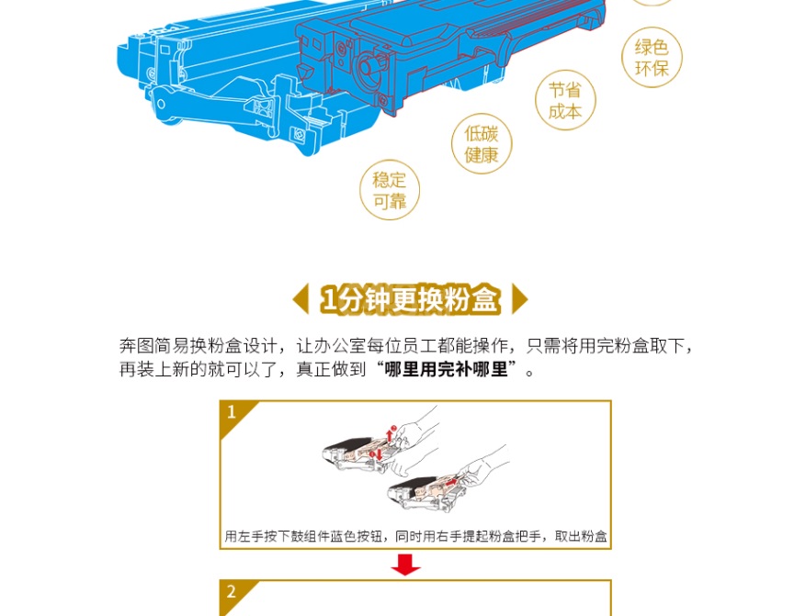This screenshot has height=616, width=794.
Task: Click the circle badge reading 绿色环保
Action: coord(652,57)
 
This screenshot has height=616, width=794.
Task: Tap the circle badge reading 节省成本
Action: coord(565,100)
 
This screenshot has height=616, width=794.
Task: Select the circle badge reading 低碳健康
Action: coord(482,143)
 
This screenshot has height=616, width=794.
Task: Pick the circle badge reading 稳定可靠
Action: coord(390,190)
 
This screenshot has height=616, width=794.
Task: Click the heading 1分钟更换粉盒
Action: coord(410,299)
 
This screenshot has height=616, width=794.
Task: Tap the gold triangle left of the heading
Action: coord(301,298)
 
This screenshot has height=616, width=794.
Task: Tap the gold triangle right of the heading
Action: coord(520,298)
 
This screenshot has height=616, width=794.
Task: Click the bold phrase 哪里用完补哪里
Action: coord(446,369)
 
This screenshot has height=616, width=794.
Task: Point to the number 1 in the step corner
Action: coord(232,411)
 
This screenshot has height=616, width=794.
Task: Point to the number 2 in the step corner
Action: coord(232,591)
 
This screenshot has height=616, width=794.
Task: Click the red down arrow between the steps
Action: coord(405,565)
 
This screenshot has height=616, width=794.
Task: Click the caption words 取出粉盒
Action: coord(581,536)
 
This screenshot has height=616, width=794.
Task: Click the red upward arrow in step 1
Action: coord(390,435)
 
